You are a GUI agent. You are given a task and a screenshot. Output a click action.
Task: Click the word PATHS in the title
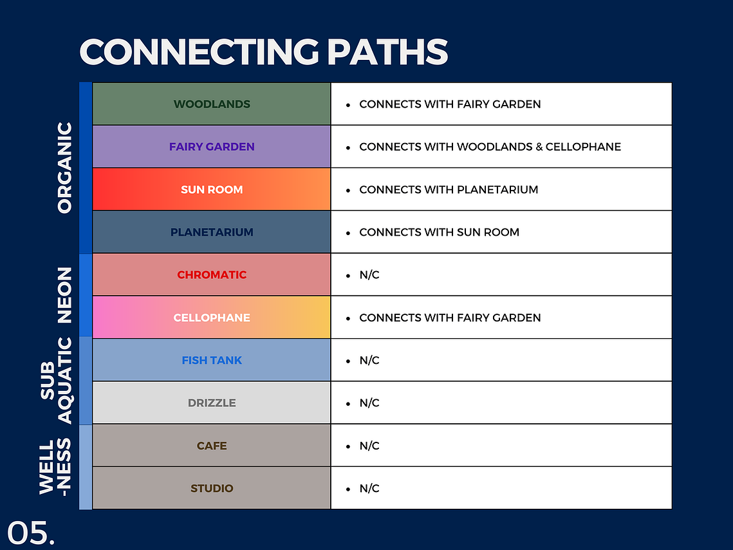(x=387, y=52)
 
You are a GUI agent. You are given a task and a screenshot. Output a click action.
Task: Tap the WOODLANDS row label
(x=212, y=104)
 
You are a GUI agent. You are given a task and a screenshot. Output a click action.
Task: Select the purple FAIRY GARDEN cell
(x=212, y=147)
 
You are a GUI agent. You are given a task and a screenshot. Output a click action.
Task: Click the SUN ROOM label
(x=212, y=189)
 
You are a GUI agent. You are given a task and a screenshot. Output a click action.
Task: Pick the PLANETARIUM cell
(x=212, y=232)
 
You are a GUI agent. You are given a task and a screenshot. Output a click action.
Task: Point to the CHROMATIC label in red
(x=212, y=274)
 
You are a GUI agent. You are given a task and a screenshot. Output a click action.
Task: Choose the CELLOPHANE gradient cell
(x=212, y=317)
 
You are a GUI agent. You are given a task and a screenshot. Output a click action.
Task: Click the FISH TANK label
(x=212, y=360)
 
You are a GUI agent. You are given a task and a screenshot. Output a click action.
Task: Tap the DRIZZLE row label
(x=212, y=403)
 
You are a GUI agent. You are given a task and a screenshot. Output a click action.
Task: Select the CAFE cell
(x=212, y=445)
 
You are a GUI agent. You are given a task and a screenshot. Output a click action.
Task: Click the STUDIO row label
(x=212, y=488)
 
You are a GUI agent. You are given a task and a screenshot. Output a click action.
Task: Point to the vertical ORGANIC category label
(x=64, y=168)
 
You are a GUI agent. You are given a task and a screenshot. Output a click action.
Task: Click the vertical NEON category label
(x=64, y=295)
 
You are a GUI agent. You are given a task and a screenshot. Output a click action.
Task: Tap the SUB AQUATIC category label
(x=56, y=381)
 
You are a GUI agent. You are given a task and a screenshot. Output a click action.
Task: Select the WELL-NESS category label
(x=55, y=466)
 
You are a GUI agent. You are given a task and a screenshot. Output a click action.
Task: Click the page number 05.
(x=31, y=533)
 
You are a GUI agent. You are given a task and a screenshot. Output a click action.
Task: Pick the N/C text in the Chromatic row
(x=369, y=274)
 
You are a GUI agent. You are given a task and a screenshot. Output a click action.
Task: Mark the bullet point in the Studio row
(x=348, y=489)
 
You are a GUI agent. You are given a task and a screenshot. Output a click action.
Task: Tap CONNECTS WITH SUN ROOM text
(x=439, y=232)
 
